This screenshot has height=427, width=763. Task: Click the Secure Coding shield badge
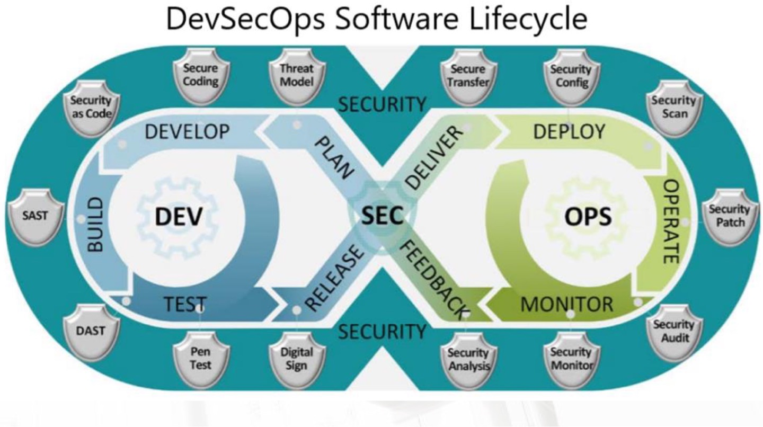(201, 76)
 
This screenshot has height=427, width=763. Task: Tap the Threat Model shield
(297, 76)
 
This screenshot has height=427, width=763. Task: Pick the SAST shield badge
(36, 216)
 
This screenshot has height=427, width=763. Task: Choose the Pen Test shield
(201, 358)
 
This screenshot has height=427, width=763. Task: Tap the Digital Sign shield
(297, 358)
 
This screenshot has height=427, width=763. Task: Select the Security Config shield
(570, 76)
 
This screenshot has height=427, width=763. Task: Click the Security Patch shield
(730, 216)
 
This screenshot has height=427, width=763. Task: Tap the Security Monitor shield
(570, 358)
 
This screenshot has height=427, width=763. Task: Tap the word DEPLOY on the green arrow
(569, 132)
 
